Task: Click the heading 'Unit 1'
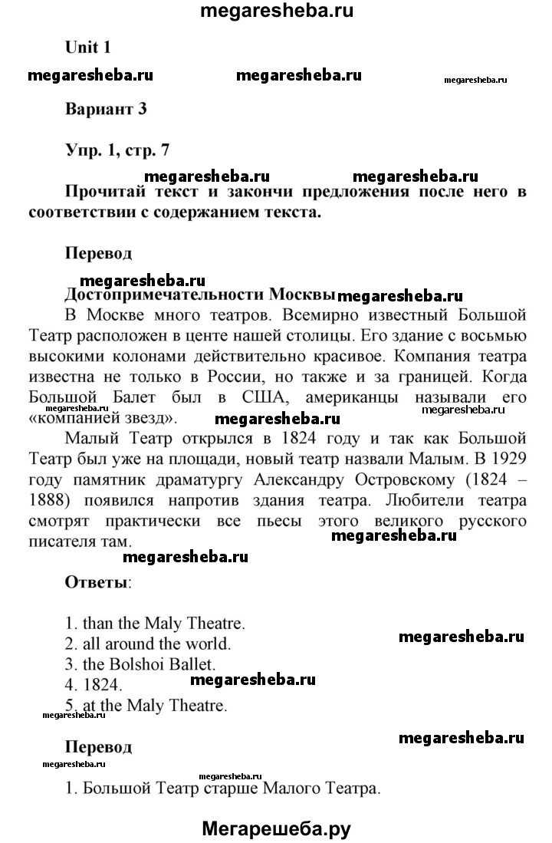coord(88,48)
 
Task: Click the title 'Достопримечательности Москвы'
coord(200,295)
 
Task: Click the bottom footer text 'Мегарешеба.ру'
coord(276,827)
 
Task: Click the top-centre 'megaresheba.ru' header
coord(276,12)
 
